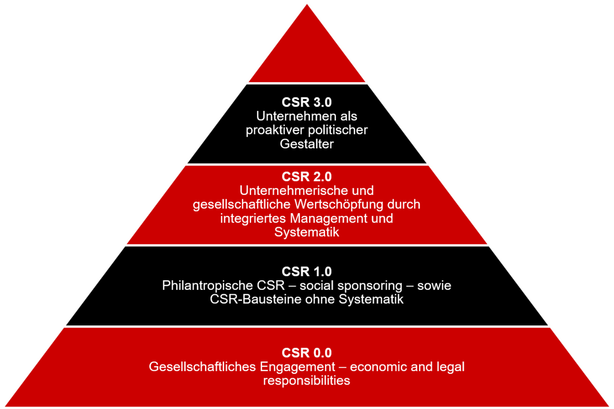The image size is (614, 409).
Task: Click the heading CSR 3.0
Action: [x=307, y=102]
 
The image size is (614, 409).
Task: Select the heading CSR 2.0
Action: [x=307, y=177]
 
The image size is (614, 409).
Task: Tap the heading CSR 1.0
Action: [x=307, y=271]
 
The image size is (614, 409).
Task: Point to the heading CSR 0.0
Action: [x=307, y=353]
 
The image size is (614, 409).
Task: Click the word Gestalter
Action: [x=307, y=144]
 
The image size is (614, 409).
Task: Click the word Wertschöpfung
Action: [x=328, y=204]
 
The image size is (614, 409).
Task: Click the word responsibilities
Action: [x=307, y=381]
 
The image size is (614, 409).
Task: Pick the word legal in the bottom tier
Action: [x=450, y=367]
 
